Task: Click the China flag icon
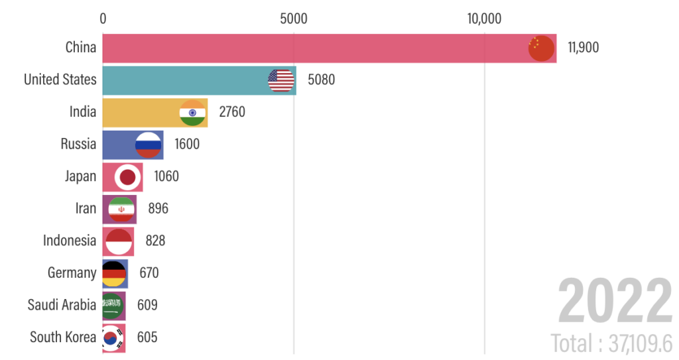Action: (540, 48)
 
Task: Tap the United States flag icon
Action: (281, 80)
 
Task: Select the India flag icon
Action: (192, 112)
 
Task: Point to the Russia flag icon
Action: (148, 144)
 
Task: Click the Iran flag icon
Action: (121, 208)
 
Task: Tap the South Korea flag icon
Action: (112, 337)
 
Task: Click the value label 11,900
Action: (583, 48)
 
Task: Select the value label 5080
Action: (322, 80)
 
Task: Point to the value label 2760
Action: (232, 112)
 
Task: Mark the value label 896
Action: (158, 208)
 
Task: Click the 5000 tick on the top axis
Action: (293, 18)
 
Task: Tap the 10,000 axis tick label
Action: (484, 18)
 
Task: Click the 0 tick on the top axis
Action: (103, 18)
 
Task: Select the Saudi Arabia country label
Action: (62, 305)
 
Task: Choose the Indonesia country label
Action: (70, 241)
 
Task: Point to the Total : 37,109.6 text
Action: (611, 343)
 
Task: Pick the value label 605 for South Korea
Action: (147, 337)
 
